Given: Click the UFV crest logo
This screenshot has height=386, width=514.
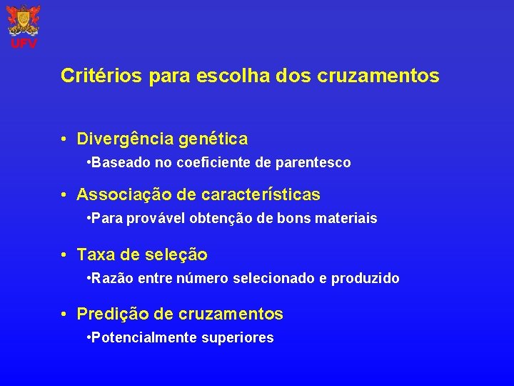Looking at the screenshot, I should tap(24, 20).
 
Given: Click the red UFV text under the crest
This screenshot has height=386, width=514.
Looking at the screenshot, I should tap(24, 44).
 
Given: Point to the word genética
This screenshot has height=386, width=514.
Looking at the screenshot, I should tap(213, 138).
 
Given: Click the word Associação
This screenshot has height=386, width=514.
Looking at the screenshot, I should tap(119, 194).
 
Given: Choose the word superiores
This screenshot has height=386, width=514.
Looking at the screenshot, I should tap(241, 338).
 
